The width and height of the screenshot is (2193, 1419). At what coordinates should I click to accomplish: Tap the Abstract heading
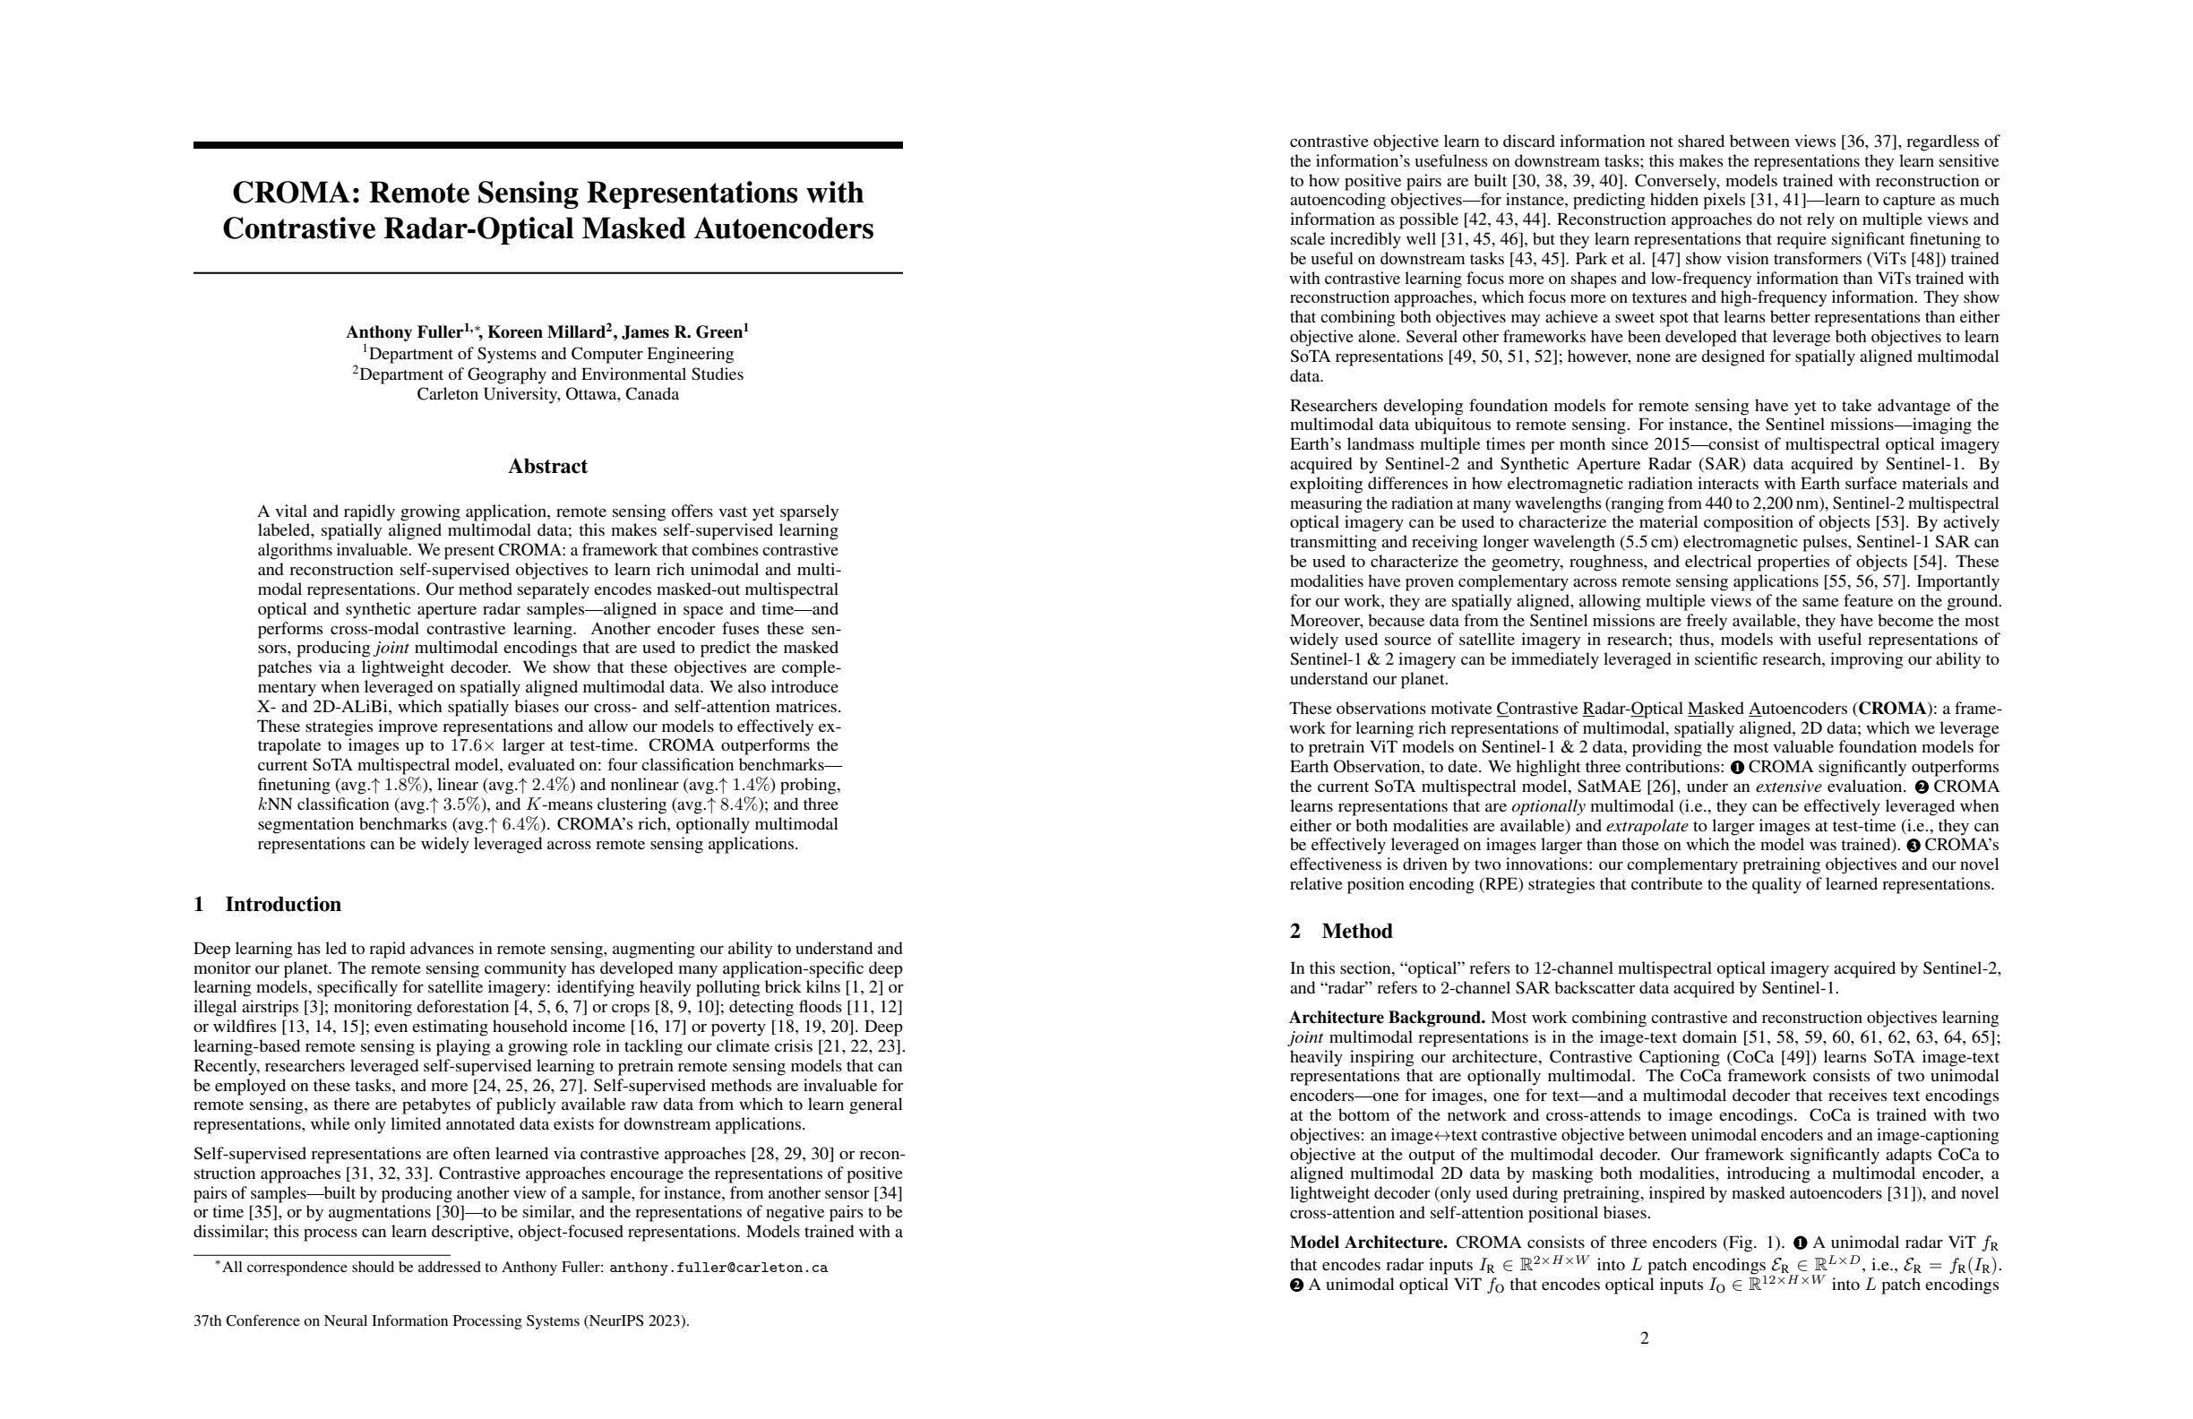pos(547,466)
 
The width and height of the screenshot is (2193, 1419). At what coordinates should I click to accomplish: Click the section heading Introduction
pos(282,904)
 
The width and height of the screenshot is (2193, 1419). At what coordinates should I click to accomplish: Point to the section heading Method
pos(1356,931)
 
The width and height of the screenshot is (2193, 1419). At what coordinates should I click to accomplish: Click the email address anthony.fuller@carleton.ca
pos(718,1268)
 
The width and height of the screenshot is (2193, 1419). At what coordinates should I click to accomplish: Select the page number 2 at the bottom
pos(1645,1337)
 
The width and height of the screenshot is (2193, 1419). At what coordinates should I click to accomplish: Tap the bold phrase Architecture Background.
pos(1387,1019)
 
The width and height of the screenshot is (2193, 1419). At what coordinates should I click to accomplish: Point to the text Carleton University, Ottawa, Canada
pos(547,394)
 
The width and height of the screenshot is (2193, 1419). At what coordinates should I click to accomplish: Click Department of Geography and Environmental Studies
pos(550,374)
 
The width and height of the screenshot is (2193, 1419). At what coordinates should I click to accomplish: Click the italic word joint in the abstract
pos(392,648)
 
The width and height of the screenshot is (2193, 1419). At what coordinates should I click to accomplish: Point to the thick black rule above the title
pos(547,144)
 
